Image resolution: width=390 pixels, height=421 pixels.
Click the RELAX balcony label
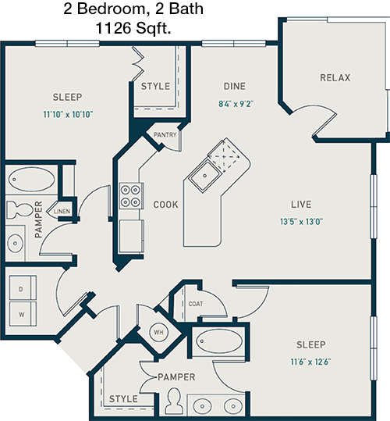pos(335,77)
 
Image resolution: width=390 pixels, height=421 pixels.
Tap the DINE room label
pos(235,86)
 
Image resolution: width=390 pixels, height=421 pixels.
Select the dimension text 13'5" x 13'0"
pos(301,222)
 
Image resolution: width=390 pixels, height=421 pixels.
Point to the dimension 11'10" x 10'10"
pos(68,114)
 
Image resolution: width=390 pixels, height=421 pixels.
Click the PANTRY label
pos(165,135)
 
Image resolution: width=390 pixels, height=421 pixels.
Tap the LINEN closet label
pos(62,212)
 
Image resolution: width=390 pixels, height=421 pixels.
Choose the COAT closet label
pos(196,304)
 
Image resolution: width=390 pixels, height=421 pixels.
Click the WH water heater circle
pos(158,333)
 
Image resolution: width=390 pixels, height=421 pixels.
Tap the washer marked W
pos(23,314)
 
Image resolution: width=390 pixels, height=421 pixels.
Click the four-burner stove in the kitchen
pos(130,195)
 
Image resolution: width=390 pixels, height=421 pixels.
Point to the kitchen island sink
pos(204,176)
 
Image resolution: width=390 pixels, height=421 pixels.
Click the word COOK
pos(165,205)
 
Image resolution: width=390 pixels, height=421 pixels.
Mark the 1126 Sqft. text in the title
pos(133,28)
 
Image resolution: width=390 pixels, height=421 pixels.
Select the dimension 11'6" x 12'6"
pos(310,362)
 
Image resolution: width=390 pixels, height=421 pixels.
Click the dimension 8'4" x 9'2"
pos(236,104)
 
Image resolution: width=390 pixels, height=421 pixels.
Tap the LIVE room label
pos(301,205)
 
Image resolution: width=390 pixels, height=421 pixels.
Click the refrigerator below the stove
pos(131,236)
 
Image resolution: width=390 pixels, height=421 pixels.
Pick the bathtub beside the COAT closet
pos(219,341)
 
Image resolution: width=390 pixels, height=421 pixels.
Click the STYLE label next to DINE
pos(155,86)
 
